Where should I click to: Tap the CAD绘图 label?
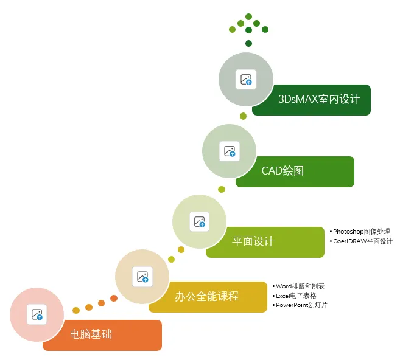tap(282, 171)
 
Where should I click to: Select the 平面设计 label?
tap(253, 241)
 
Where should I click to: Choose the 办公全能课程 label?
tap(206, 297)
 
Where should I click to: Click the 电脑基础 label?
tap(91, 334)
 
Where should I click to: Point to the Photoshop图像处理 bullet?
tap(361, 232)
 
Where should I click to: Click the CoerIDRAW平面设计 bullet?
tap(362, 241)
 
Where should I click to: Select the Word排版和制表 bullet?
tap(300, 286)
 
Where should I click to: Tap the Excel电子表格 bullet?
tap(296, 296)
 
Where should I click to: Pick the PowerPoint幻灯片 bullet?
tap(301, 305)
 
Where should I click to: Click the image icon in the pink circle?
tap(37, 314)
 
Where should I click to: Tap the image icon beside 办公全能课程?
tap(142, 277)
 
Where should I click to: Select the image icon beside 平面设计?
tap(200, 222)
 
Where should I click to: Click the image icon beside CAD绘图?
tap(230, 151)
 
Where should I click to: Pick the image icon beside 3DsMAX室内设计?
tap(246, 79)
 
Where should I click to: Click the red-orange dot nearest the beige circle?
tap(114, 298)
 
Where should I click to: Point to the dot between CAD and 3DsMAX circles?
tap(243, 116)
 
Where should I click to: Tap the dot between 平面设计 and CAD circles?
tap(222, 189)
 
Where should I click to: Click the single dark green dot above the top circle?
tap(248, 43)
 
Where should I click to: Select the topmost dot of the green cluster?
tap(248, 16)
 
